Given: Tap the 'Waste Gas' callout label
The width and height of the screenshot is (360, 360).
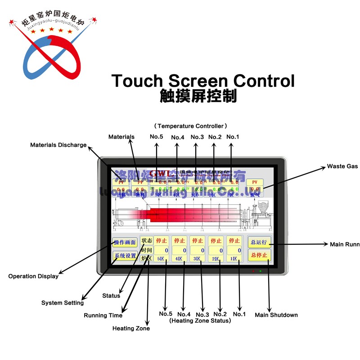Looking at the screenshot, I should (342, 166).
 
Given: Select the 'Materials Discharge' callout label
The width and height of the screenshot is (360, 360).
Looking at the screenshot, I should (58, 145).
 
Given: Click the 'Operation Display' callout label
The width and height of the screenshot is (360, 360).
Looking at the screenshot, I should (33, 276).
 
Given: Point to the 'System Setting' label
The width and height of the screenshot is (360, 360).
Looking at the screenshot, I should (63, 303).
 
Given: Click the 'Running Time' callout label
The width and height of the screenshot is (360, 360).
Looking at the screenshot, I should (103, 315).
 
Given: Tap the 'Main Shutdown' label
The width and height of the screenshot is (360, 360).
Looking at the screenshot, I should (276, 315).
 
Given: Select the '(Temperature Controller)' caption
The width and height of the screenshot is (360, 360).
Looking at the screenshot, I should (190, 126).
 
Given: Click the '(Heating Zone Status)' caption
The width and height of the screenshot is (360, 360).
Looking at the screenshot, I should (200, 321).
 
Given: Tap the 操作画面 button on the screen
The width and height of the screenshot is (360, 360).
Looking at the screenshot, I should (125, 243).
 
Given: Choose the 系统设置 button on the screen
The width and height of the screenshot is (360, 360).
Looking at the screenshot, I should (125, 256).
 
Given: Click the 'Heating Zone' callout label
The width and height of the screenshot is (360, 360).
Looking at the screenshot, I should (131, 328).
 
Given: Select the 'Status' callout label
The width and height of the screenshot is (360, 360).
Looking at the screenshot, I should (111, 296).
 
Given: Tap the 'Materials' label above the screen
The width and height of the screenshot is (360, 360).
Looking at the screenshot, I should (121, 137).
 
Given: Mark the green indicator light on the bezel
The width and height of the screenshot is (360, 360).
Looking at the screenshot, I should (261, 271).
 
